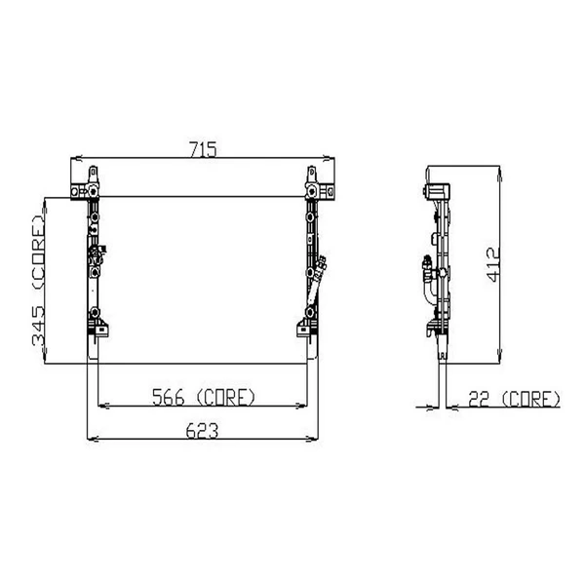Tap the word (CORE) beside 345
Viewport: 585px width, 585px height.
click(x=38, y=254)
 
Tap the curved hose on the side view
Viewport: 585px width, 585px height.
click(x=426, y=283)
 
